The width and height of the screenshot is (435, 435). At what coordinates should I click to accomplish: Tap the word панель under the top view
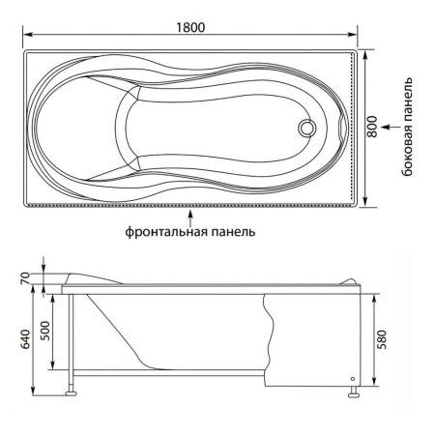pyautogui.click(x=234, y=233)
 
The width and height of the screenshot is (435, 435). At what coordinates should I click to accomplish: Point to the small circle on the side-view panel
pyautogui.click(x=352, y=378)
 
